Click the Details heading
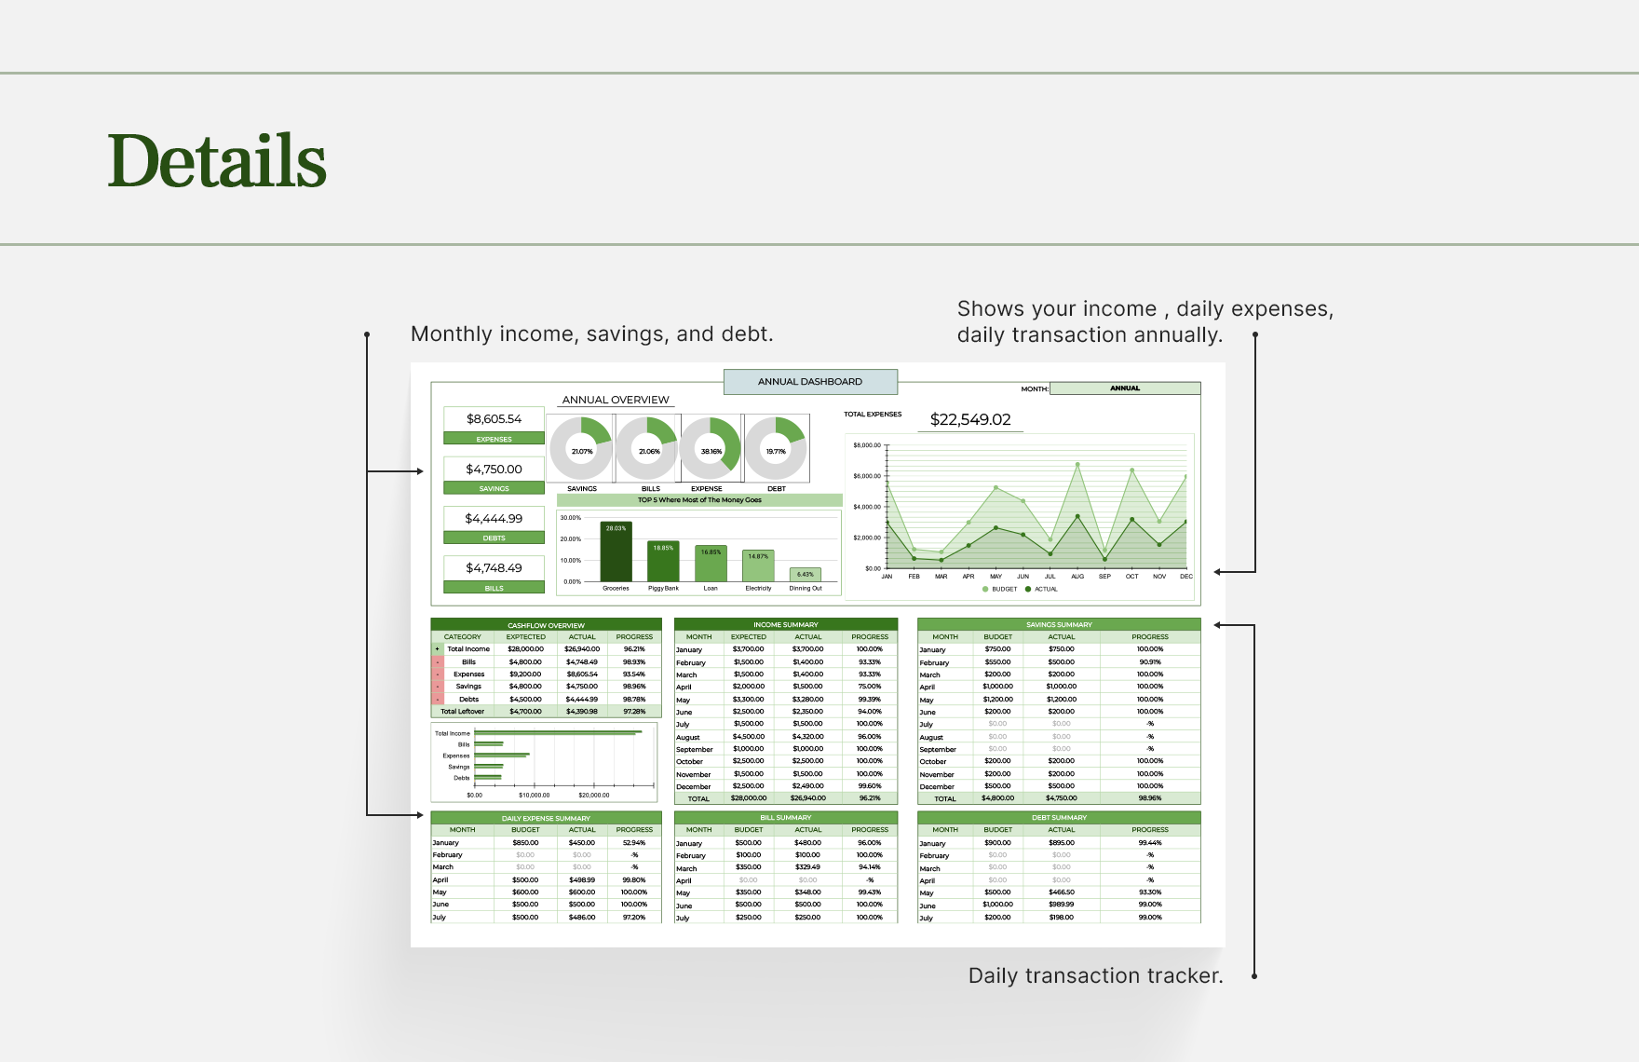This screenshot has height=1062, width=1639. pos(217,160)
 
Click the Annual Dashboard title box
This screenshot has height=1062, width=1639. pos(810,382)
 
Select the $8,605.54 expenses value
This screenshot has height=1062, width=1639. pos(494,419)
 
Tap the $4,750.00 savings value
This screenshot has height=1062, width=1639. pos(494,470)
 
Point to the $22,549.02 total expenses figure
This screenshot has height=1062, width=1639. pos(970,420)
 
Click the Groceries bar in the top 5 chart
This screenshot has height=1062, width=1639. pos(616,552)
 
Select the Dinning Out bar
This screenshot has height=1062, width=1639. pos(806,575)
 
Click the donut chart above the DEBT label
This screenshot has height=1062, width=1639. pos(776,448)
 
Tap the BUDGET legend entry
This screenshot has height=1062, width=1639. pos(1000,589)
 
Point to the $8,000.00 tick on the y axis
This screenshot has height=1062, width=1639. pos(866,445)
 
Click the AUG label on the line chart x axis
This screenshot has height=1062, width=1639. pos(1077,577)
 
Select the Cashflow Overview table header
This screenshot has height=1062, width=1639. pos(546,625)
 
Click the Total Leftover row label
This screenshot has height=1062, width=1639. pos(462,712)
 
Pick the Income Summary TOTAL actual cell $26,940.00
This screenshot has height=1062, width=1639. pos(807,798)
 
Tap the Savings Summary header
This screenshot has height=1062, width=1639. pos(1059,624)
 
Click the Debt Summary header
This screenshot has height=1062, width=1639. pos(1059,818)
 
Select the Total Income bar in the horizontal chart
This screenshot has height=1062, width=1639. pos(558,733)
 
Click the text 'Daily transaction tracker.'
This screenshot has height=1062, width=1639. pos(1095,975)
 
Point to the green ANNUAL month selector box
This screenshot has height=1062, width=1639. pos(1125,388)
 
